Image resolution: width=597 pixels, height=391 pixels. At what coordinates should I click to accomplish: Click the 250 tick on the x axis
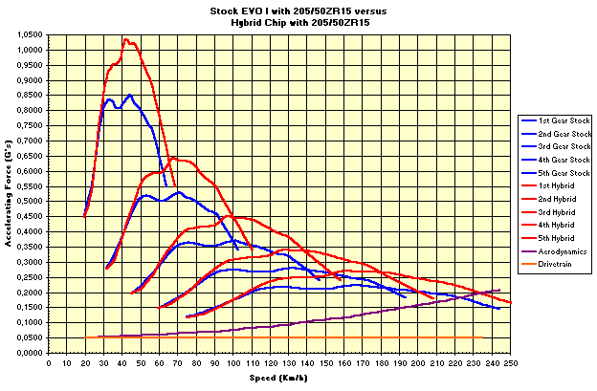click(510, 362)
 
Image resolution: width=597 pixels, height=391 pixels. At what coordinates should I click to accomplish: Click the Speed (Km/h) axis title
click(277, 378)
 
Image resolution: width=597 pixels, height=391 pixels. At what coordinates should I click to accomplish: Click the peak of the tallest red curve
click(125, 39)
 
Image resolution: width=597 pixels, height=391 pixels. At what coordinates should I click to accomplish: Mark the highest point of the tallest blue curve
click(129, 95)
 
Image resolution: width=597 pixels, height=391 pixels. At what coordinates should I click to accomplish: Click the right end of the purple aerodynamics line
click(499, 290)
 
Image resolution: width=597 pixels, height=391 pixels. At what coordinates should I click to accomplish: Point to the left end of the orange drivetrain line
click(85, 337)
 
